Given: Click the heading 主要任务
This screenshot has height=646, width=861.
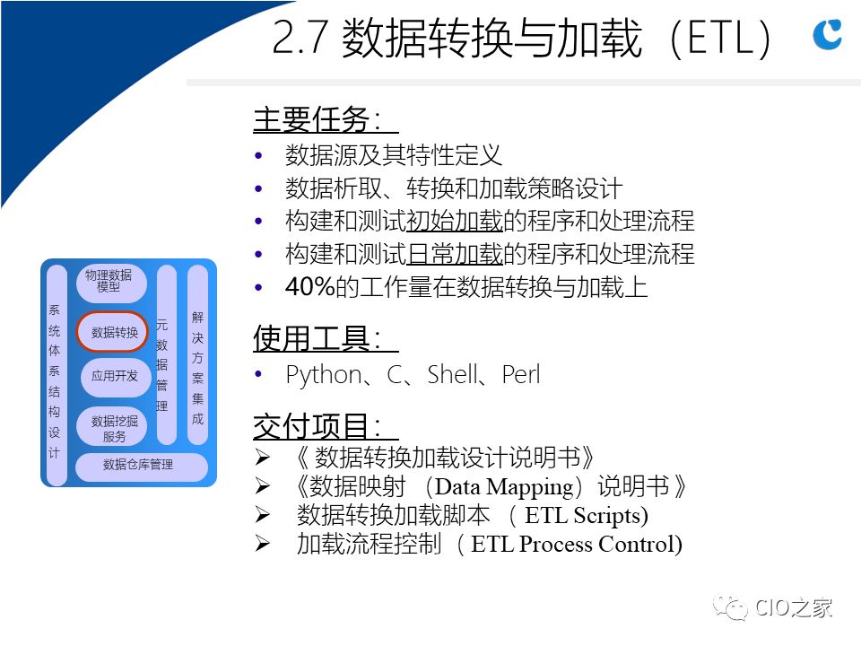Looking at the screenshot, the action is [x=318, y=119].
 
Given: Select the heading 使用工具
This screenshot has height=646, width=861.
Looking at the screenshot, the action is [x=318, y=338].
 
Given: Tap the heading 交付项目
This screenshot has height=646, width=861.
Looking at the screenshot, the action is [x=318, y=426].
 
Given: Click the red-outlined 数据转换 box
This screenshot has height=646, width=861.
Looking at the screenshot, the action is [x=113, y=332].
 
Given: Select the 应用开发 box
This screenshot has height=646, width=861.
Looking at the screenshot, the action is [x=114, y=376].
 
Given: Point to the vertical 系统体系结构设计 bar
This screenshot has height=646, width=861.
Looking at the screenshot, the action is [x=57, y=375].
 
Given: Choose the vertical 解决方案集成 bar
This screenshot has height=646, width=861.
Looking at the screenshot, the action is [x=197, y=355].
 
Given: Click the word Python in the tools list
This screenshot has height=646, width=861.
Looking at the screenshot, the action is [x=324, y=375].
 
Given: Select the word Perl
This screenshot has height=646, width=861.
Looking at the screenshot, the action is [x=521, y=375].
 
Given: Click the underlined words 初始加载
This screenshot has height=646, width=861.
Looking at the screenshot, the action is [x=455, y=221].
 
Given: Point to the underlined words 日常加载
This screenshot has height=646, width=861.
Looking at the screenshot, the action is [x=455, y=254].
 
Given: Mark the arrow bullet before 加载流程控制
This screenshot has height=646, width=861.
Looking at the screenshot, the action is [x=263, y=544].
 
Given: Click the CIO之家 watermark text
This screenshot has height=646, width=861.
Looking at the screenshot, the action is [x=794, y=608].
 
